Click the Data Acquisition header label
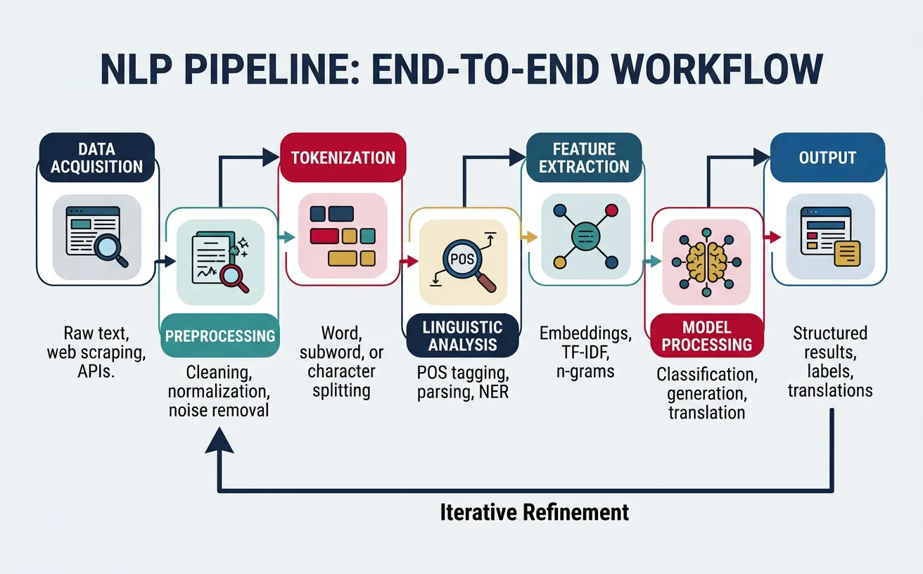click(x=97, y=158)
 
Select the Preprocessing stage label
click(x=219, y=335)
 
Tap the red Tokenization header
click(x=343, y=157)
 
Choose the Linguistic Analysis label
click(x=463, y=336)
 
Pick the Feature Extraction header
click(x=585, y=158)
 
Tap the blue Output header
click(x=827, y=157)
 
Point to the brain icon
click(x=706, y=260)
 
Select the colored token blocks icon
click(x=343, y=236)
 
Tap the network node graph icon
click(x=585, y=236)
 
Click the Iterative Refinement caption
click(x=534, y=511)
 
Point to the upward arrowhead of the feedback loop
click(x=221, y=441)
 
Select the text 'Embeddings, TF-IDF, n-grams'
click(x=585, y=352)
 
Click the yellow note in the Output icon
click(x=846, y=253)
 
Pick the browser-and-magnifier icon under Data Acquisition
click(x=97, y=236)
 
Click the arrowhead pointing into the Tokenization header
click(x=272, y=158)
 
